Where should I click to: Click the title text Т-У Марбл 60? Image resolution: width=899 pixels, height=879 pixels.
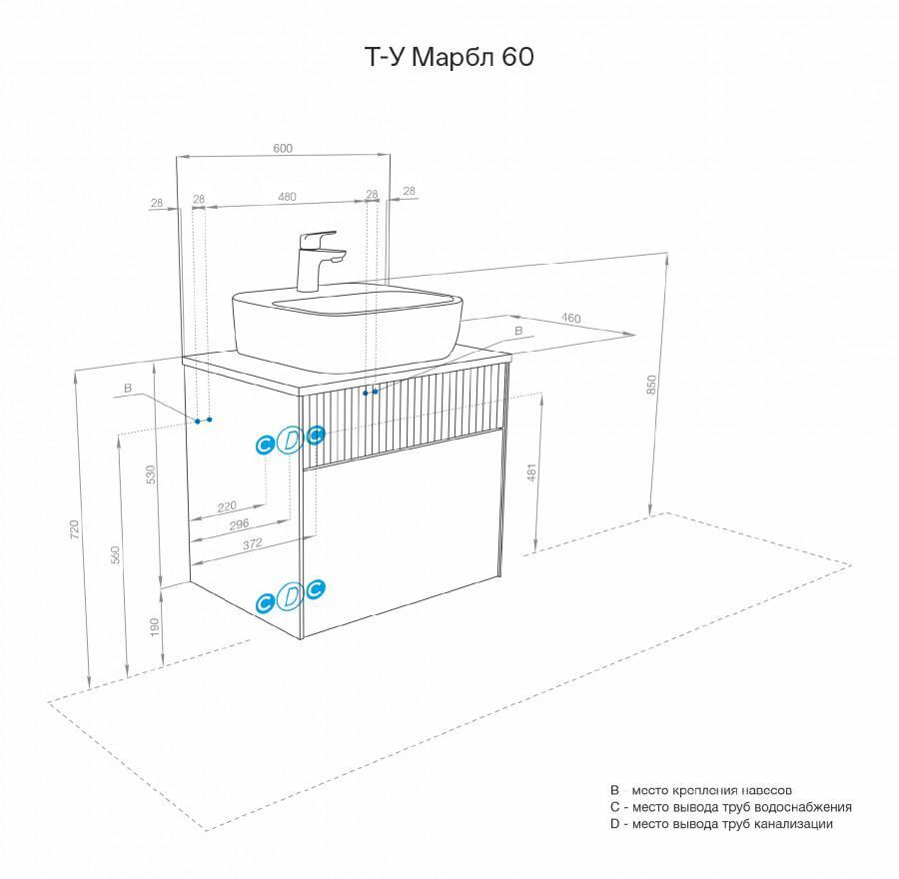point(447,58)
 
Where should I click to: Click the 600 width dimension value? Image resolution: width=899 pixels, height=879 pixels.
point(283,149)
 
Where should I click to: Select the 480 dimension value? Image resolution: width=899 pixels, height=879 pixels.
point(287,197)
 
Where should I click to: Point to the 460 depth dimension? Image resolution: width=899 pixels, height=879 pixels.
point(570,318)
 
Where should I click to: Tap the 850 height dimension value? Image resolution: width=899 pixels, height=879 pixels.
point(652,384)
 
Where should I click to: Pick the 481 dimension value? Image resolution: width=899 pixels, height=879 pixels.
point(531,473)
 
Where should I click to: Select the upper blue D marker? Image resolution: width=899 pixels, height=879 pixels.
point(290,439)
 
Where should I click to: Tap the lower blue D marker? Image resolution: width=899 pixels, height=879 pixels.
point(290,596)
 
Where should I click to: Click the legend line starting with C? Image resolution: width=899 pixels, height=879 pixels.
point(730,806)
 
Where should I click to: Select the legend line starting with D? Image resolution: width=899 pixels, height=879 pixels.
point(721,824)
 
